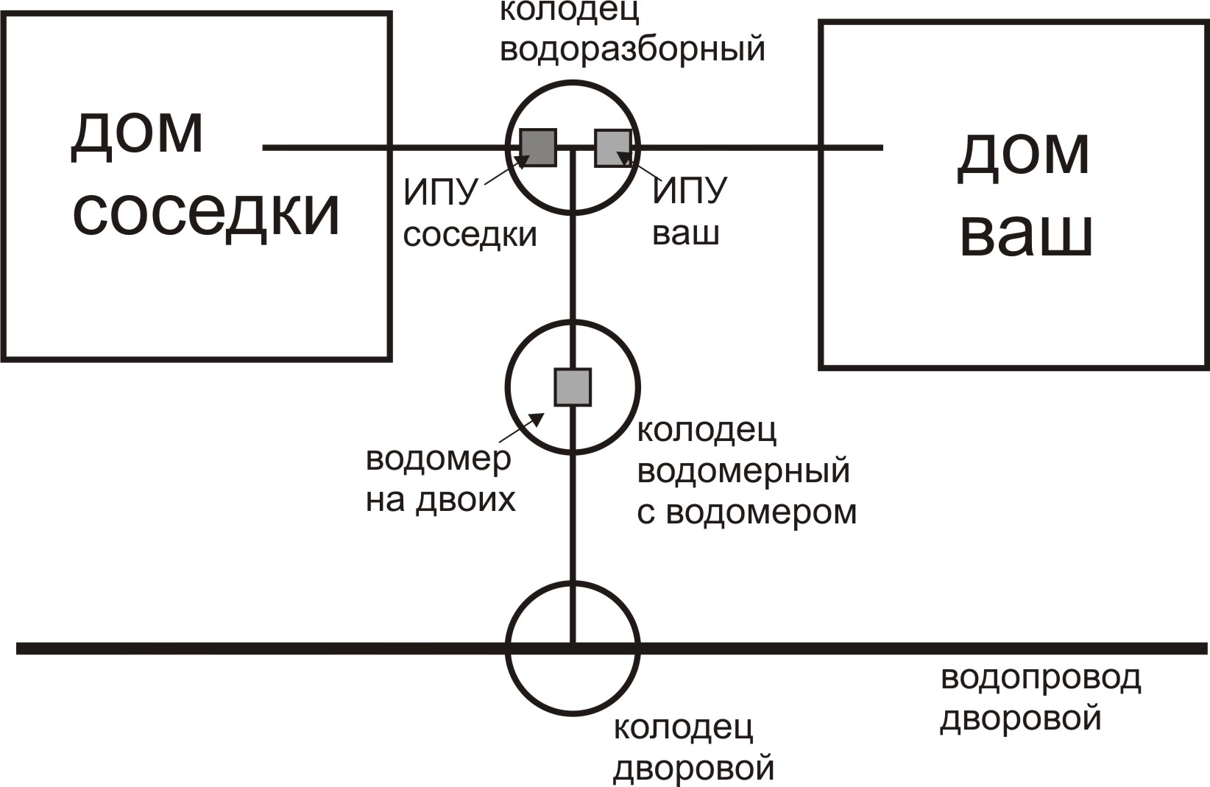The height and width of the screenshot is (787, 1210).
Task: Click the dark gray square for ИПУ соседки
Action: click(x=538, y=147)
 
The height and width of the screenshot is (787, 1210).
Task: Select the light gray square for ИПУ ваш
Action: click(x=612, y=147)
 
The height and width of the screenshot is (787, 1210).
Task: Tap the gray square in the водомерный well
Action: click(x=573, y=387)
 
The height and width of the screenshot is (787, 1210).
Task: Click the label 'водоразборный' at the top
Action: click(x=632, y=49)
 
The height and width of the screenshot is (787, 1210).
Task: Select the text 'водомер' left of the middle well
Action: click(x=438, y=459)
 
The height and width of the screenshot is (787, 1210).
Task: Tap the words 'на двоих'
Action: click(x=441, y=500)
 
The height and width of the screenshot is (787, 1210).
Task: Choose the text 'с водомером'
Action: click(x=747, y=512)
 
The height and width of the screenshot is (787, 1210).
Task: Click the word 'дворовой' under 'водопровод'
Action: click(x=1021, y=718)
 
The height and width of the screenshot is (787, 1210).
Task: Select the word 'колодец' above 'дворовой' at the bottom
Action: click(x=683, y=728)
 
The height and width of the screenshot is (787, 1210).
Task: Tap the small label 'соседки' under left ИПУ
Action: click(x=470, y=235)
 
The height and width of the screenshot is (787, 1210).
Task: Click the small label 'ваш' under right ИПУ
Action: click(x=686, y=233)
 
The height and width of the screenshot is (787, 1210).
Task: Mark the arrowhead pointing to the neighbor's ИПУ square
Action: click(x=524, y=159)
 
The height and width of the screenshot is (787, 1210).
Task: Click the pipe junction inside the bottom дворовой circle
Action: click(x=573, y=648)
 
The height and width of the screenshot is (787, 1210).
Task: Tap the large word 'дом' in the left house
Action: click(x=137, y=133)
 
